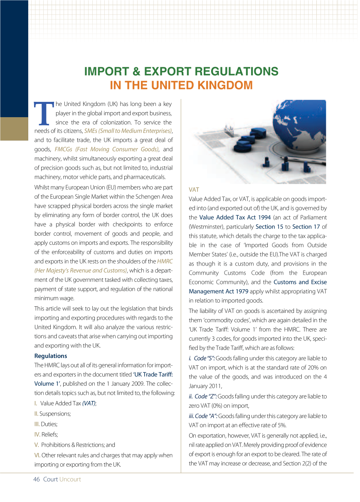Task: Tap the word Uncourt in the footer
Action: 70,479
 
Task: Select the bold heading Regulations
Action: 50,356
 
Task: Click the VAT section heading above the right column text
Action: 194,189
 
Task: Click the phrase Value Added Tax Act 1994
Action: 235,217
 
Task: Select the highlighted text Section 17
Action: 306,226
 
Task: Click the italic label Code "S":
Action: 204,358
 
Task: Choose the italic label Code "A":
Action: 203,416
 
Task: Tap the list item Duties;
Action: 46,424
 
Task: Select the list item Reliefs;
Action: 47,434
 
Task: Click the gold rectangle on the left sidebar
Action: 14,129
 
